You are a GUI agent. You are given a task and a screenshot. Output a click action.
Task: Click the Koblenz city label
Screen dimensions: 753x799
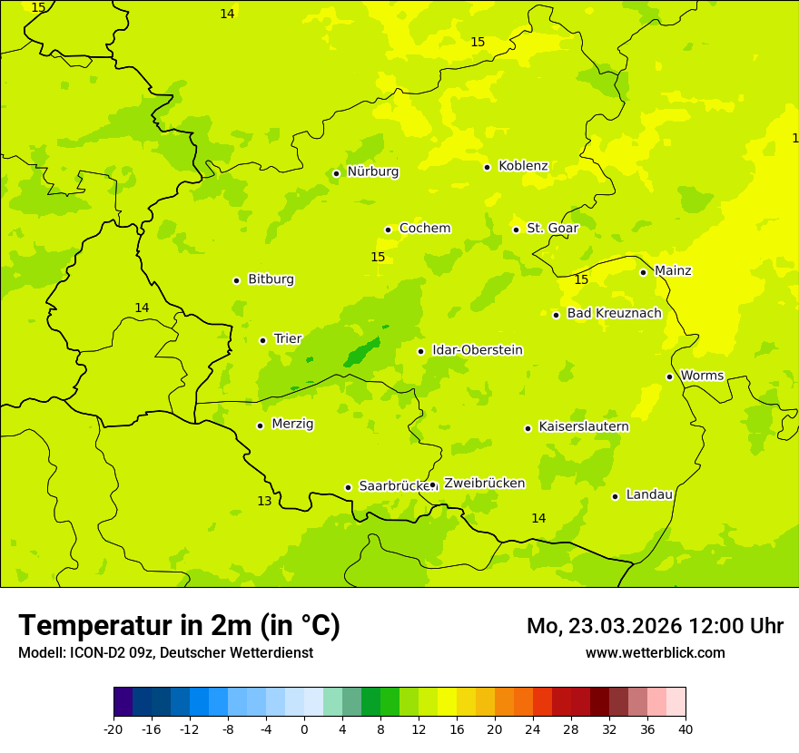pos(523,166)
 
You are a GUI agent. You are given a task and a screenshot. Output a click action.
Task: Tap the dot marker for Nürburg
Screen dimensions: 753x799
pos(336,173)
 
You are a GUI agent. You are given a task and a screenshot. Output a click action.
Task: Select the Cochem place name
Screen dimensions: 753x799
pos(425,229)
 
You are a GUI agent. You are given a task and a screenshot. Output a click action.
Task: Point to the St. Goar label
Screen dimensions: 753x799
pos(552,229)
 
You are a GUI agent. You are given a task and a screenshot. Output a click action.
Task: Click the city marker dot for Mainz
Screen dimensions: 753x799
pos(643,272)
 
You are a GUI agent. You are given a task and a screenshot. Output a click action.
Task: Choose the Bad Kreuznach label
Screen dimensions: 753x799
pos(614,314)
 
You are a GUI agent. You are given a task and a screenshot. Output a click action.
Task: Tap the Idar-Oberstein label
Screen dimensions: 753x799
pos(478,350)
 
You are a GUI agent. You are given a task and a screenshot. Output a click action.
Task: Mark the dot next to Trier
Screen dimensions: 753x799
pos(263,340)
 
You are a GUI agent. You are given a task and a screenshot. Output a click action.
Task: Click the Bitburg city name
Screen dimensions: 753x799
pos(271,279)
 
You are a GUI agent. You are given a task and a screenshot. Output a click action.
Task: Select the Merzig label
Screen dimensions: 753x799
pos(292,425)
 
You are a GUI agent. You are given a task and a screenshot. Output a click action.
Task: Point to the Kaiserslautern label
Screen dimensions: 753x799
pos(584,427)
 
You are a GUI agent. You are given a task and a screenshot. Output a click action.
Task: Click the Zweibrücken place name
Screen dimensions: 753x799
pos(484,484)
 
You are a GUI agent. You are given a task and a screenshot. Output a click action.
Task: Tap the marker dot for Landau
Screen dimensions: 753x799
pos(616,496)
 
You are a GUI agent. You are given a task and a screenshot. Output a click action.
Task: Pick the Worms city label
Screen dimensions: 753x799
pos(702,376)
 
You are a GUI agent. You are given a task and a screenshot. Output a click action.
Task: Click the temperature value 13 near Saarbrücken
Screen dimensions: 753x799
pos(264,502)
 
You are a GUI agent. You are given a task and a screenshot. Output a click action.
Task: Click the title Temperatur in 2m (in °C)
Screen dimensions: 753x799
pos(179,626)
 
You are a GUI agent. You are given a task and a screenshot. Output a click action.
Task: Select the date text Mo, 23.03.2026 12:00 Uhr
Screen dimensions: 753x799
pos(655,627)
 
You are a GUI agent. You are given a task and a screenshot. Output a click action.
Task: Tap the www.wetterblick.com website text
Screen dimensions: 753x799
pos(655,653)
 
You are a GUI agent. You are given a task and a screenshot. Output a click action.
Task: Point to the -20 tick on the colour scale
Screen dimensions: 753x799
pos(113,729)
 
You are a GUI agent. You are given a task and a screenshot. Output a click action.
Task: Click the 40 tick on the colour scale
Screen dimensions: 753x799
pos(686,729)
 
